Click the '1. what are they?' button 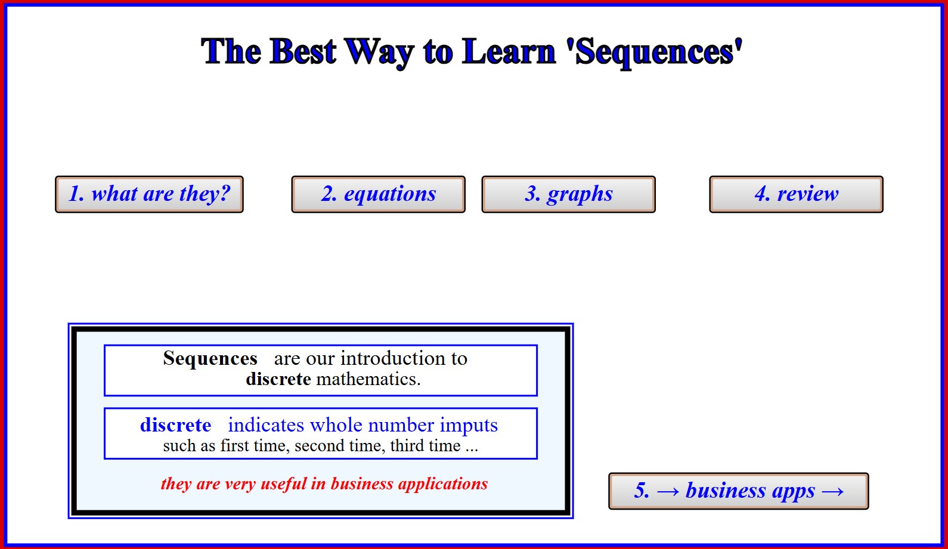coord(150,194)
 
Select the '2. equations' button coord(379,194)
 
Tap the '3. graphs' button coord(568,194)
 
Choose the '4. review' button coord(796,194)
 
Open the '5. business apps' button coord(739,491)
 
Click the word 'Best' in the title coord(303,52)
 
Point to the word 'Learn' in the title coord(508,52)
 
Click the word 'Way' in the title coord(379,53)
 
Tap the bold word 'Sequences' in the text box coord(210,358)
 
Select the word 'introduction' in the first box coord(392,358)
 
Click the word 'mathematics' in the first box coord(368,379)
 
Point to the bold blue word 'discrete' coord(176,424)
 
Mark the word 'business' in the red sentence coord(362,483)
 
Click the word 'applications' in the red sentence coord(442,484)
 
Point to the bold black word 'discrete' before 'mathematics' coord(278,379)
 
